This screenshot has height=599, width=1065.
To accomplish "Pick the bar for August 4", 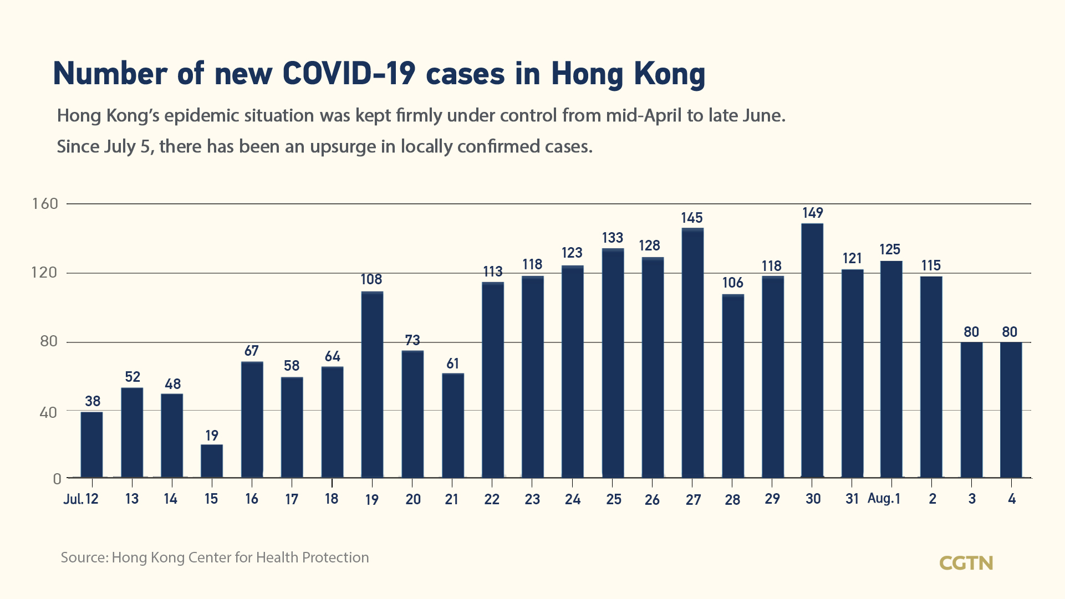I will click(x=1011, y=409).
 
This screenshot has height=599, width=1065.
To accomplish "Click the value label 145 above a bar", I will click(x=692, y=218).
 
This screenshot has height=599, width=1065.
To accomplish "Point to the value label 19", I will click(x=212, y=436).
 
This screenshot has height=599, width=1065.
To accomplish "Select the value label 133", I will click(x=613, y=238).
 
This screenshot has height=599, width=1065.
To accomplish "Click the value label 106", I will click(x=732, y=283).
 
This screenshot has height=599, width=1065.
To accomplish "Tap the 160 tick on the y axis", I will click(x=45, y=204).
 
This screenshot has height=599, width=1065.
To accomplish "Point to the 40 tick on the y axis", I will click(x=48, y=412).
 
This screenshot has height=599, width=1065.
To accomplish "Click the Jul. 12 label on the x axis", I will click(x=81, y=499).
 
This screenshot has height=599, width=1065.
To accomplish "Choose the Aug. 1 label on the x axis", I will click(x=884, y=499).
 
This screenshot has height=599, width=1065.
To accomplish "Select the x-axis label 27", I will click(x=693, y=500).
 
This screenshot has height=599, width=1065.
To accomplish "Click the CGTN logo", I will click(x=966, y=563).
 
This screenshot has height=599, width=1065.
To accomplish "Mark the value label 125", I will click(x=890, y=249).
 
